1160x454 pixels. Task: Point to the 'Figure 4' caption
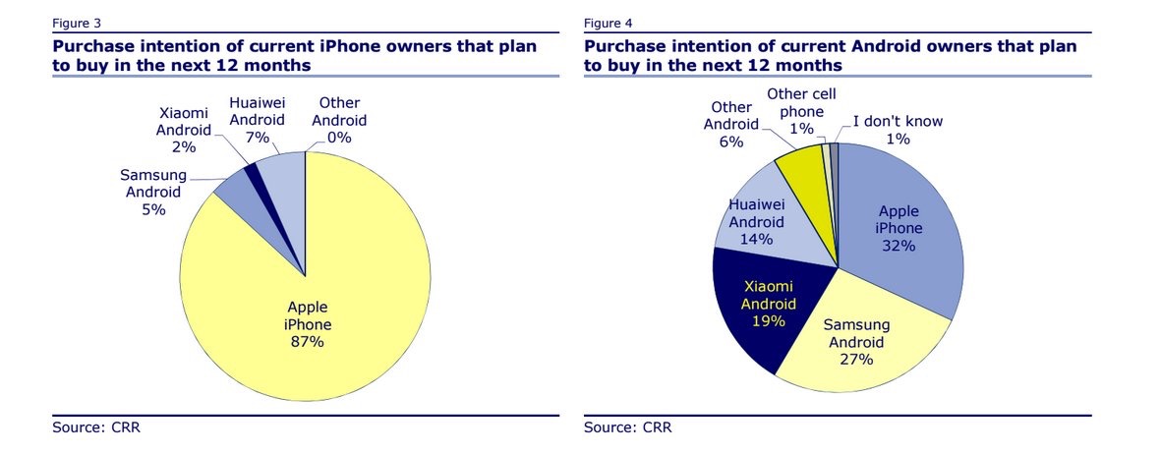tap(608, 22)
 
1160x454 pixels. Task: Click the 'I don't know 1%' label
tap(896, 130)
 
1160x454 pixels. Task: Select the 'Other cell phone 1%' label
tap(795, 111)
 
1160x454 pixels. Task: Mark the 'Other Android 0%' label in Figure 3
tap(338, 120)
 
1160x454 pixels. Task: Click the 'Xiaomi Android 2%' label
tap(184, 129)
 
